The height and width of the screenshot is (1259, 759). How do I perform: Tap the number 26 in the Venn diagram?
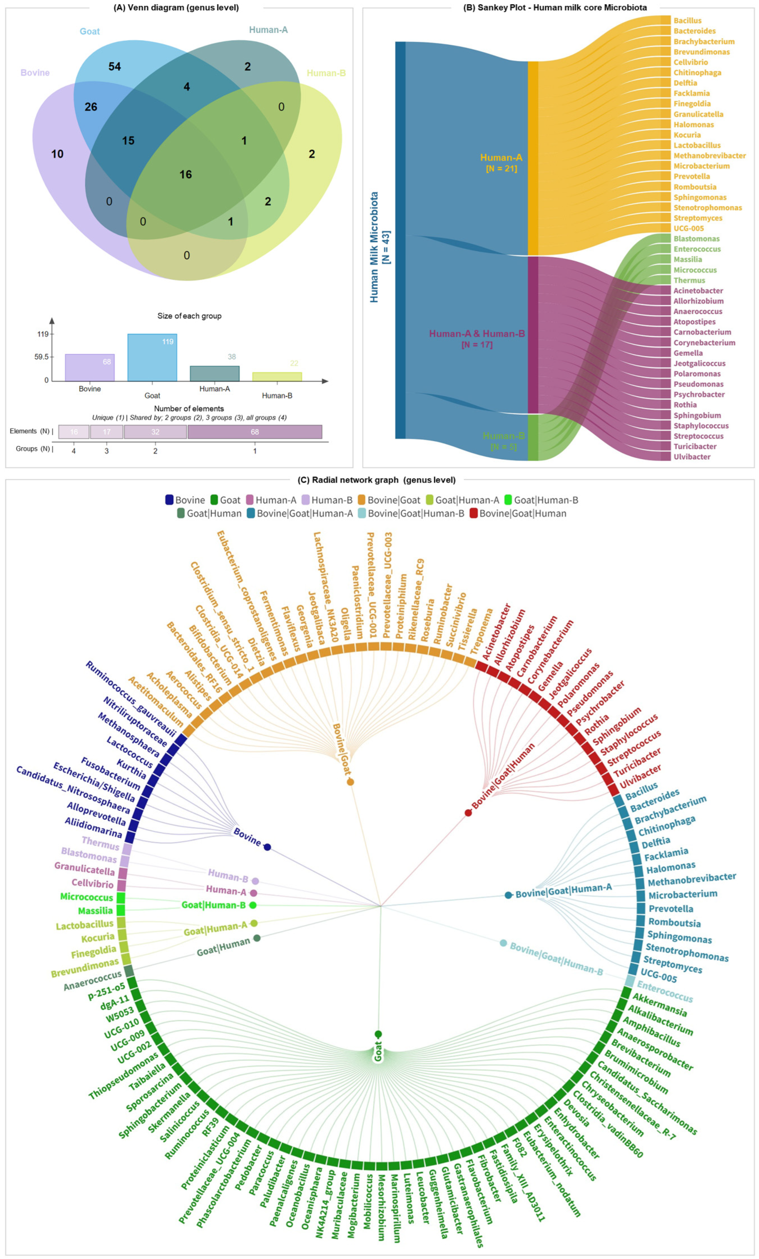91,107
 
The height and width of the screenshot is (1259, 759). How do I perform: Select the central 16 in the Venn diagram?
186,175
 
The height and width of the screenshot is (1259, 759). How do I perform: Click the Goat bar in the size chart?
152,358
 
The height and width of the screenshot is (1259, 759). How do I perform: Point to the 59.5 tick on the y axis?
42,357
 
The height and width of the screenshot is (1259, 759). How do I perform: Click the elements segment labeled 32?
155,432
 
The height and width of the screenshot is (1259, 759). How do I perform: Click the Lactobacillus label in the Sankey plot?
697,145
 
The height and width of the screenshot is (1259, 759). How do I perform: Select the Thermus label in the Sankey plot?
689,280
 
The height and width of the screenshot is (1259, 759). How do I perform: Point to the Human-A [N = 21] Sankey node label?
501,162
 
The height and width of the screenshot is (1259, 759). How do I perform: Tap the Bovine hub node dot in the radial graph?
267,847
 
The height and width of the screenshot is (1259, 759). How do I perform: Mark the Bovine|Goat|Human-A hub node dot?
508,895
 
